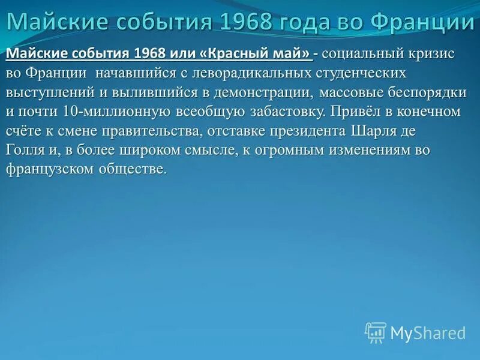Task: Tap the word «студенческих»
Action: (x=372, y=73)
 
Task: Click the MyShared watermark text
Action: (x=428, y=333)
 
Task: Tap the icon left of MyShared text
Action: (x=376, y=332)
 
